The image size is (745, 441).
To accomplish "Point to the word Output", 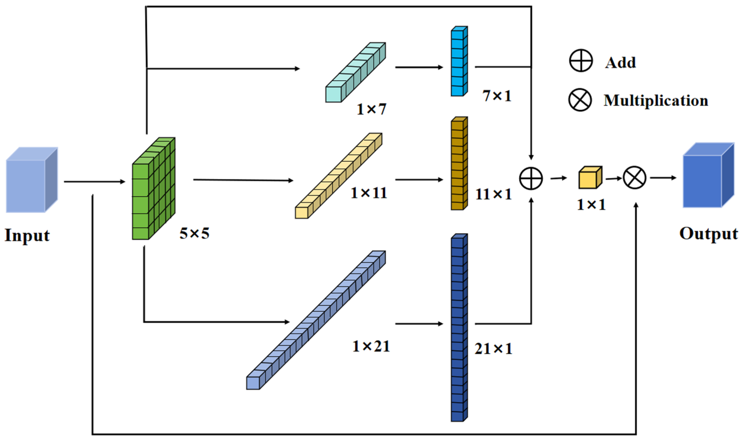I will coord(708,234).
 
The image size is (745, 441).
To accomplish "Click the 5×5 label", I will coord(194,233).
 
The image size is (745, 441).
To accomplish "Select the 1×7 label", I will coord(371,109).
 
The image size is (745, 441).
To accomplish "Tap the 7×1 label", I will coord(497,96).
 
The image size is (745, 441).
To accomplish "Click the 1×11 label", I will coord(369,193).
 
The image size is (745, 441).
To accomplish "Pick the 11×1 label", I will coord(494,195).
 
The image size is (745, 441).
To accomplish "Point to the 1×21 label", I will coord(371,347).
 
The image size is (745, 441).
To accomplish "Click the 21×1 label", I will coord(494,349).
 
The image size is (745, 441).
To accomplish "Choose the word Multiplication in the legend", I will coord(656,101).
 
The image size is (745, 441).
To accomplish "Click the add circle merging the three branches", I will coord(531,178).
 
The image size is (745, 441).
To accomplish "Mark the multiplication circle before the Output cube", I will coord(634,178).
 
